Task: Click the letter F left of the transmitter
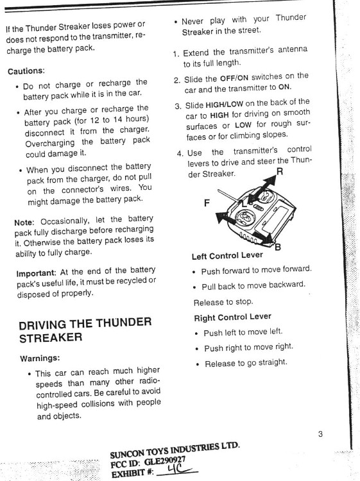pos(207,203)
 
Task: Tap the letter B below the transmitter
pos(277,246)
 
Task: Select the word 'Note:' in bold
pos(26,222)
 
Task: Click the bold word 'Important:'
pos(39,273)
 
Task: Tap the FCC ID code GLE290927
pos(166,459)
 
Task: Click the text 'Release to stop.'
pos(223,301)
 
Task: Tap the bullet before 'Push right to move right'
pos(196,348)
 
